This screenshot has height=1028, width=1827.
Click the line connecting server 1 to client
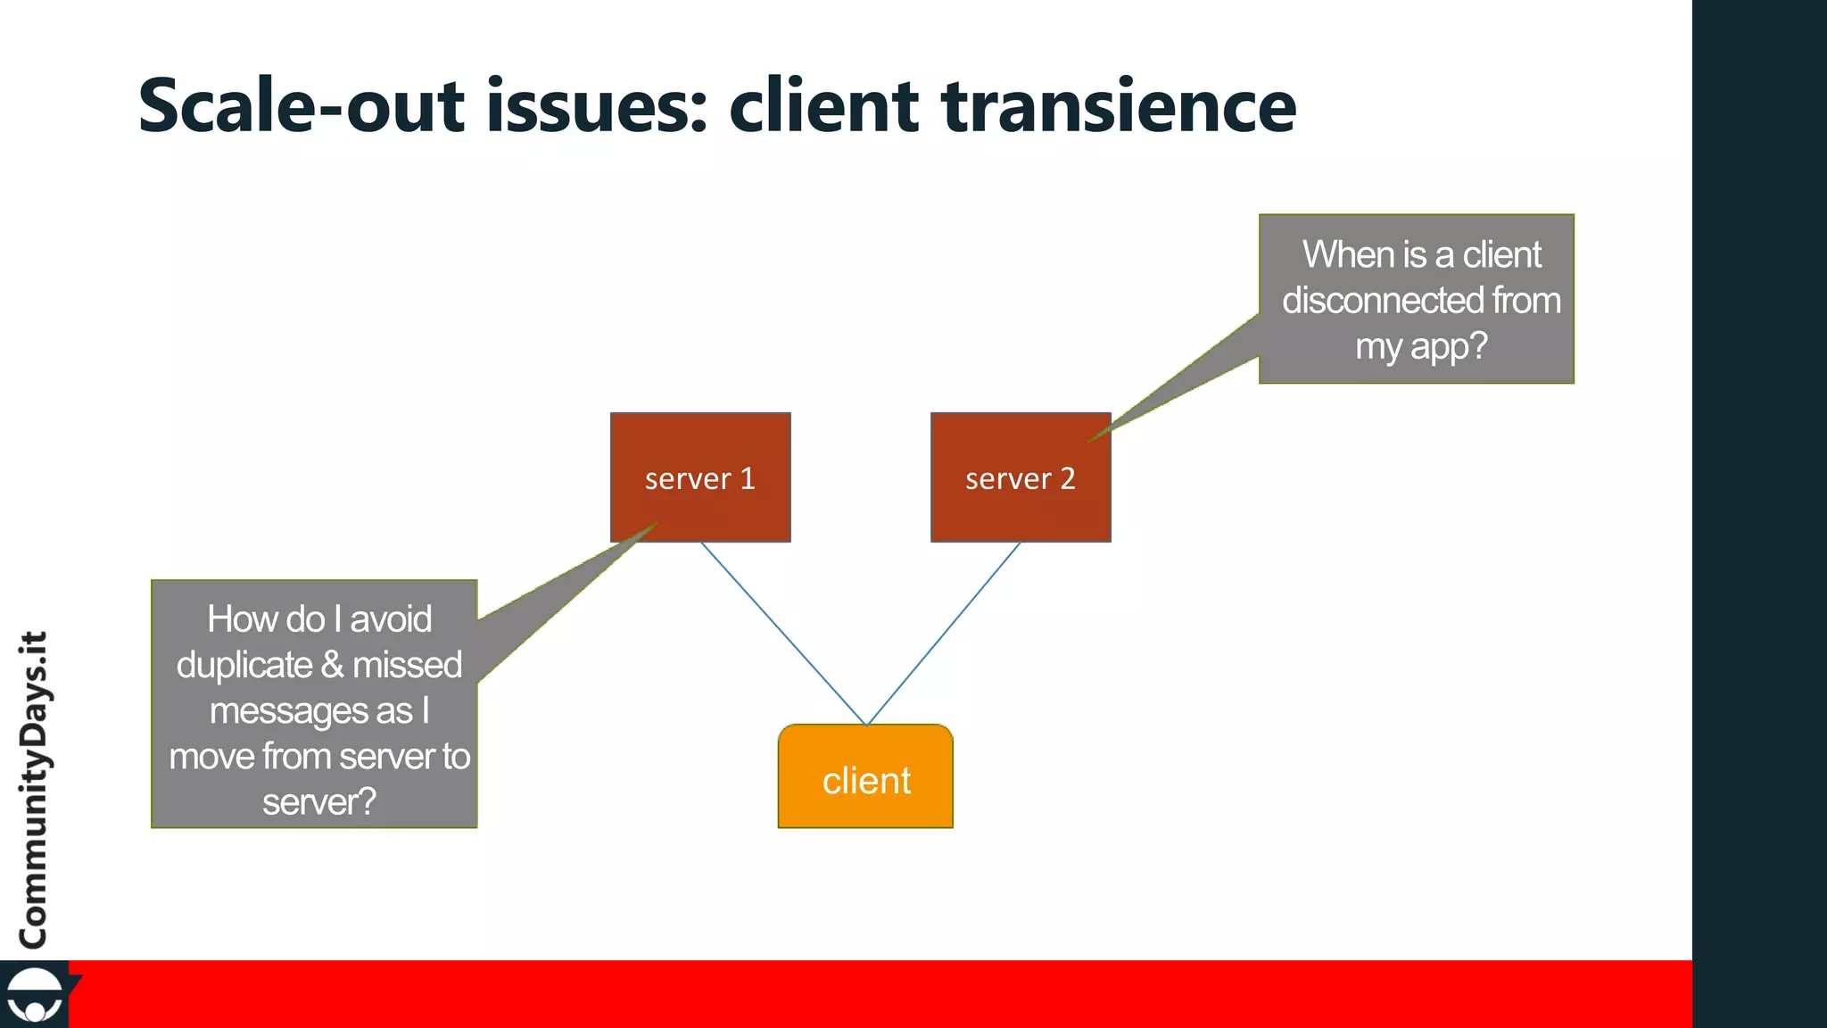(x=782, y=633)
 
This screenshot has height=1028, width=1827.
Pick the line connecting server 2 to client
(x=944, y=633)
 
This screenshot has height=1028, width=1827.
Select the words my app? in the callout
(x=1421, y=346)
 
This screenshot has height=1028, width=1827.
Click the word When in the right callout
(x=1347, y=255)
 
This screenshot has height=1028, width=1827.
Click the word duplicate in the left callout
(x=244, y=666)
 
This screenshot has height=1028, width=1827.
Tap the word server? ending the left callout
(x=318, y=802)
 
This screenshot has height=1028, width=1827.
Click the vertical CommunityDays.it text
(x=34, y=790)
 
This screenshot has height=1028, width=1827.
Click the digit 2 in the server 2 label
(x=1067, y=479)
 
